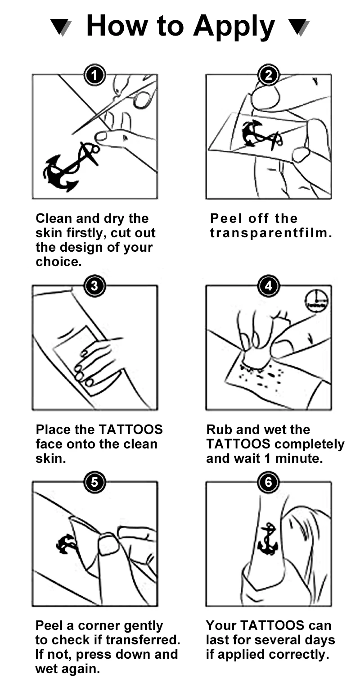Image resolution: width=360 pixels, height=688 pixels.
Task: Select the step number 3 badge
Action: coord(94,286)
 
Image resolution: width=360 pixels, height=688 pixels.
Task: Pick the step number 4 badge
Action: coord(268,286)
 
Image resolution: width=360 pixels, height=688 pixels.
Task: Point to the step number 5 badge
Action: coord(94,482)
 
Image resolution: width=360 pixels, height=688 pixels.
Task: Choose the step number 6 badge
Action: coord(268,482)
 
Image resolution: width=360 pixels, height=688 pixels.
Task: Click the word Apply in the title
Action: coord(234,27)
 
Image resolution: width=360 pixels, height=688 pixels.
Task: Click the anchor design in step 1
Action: coord(71,167)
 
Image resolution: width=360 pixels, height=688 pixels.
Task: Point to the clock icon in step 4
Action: coord(316,300)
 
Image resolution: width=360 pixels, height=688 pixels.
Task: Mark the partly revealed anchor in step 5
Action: coord(65,544)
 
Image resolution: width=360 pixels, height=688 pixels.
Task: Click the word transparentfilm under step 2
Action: coord(271,233)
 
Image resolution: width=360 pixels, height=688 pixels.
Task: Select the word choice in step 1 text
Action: coord(58,262)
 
